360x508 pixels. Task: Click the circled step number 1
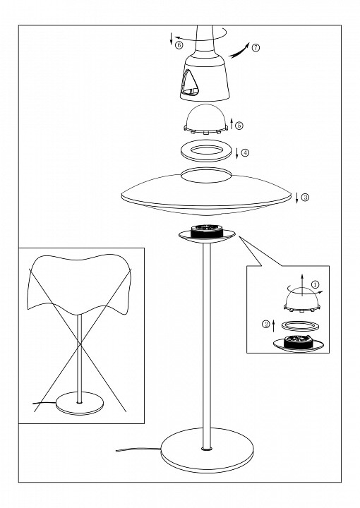click(315, 285)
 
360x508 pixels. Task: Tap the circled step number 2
click(266, 324)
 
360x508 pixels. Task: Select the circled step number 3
click(305, 197)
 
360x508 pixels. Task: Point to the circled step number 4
click(245, 152)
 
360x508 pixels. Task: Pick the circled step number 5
click(239, 126)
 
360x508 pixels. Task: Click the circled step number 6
click(179, 45)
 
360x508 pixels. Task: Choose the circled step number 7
click(256, 48)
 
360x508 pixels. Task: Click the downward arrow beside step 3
click(296, 198)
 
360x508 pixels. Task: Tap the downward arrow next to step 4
click(237, 153)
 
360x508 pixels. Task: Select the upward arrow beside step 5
click(232, 124)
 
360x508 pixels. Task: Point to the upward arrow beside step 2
click(273, 325)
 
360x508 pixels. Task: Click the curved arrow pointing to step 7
click(239, 51)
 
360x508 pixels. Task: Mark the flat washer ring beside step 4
click(205, 150)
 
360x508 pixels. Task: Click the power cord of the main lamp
click(138, 449)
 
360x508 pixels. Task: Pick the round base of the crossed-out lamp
click(79, 403)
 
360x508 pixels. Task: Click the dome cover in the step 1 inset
click(301, 301)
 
